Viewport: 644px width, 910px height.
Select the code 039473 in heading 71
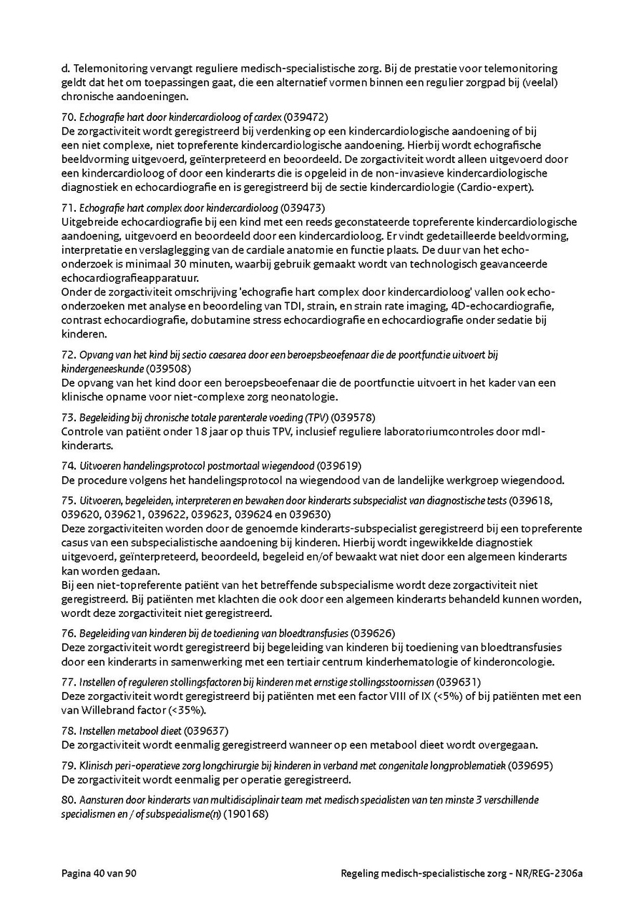(303, 208)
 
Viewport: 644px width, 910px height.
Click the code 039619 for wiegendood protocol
(338, 465)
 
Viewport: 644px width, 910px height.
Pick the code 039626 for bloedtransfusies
(373, 633)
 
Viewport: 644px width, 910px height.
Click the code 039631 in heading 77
(458, 682)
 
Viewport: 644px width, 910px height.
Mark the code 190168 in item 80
(245, 813)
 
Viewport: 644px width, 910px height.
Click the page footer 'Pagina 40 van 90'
(99, 874)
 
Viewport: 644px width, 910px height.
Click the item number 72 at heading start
(68, 355)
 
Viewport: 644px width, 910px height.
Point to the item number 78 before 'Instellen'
(68, 731)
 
